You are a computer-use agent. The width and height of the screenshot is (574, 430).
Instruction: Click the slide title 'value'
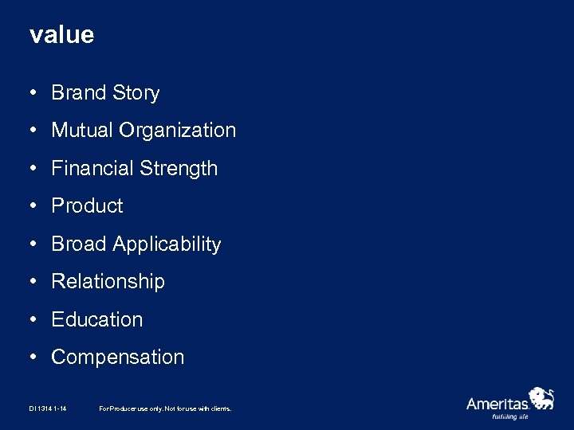(61, 35)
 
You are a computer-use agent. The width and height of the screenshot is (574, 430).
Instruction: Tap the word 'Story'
(136, 93)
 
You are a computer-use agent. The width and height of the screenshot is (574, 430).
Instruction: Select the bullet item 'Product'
(87, 206)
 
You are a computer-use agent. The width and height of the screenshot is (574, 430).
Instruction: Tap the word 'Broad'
(79, 244)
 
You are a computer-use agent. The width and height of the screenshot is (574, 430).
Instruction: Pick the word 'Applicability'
(167, 244)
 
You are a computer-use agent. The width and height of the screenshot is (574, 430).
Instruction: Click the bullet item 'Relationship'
(108, 282)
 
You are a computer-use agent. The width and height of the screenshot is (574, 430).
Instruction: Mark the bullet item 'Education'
(97, 319)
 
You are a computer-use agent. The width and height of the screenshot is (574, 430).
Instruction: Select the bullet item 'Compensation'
(117, 358)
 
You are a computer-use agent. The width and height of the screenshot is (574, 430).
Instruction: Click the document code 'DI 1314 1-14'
(47, 408)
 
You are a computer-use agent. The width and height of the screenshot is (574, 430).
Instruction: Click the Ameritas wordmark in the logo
(497, 404)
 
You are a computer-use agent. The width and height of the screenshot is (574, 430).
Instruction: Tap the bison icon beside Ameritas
(542, 397)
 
